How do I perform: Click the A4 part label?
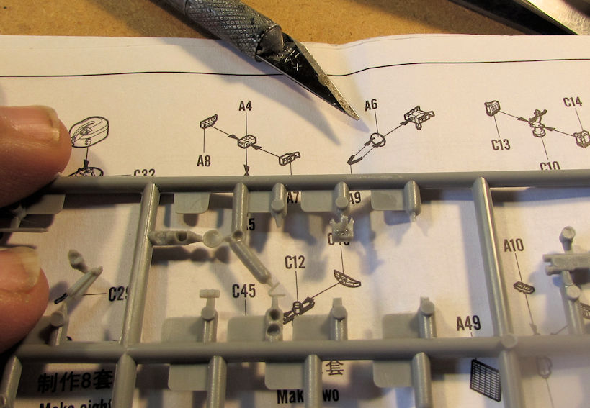pos(245,106)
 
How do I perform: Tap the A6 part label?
pos(370,105)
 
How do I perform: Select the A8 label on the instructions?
pos(204,160)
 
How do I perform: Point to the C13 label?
pos(501,145)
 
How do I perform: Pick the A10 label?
pos(514,246)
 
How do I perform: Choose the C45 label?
pos(244,291)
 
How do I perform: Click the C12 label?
pos(295,264)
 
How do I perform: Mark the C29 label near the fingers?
pos(117,294)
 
